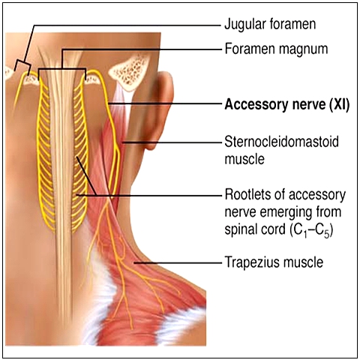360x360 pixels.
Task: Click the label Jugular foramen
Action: [270, 24]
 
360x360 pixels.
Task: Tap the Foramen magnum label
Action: [276, 49]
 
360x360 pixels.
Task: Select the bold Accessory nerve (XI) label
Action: [287, 104]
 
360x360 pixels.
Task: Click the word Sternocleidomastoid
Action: [282, 142]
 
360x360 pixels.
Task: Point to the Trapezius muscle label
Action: [274, 262]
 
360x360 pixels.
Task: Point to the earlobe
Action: [151, 144]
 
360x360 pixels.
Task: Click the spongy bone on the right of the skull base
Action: [130, 73]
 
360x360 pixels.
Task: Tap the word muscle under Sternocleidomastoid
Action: [244, 159]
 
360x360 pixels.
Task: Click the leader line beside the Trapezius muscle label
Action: [178, 262]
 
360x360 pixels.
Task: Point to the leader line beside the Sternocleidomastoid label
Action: [172, 142]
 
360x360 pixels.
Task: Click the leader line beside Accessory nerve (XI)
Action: [165, 103]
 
